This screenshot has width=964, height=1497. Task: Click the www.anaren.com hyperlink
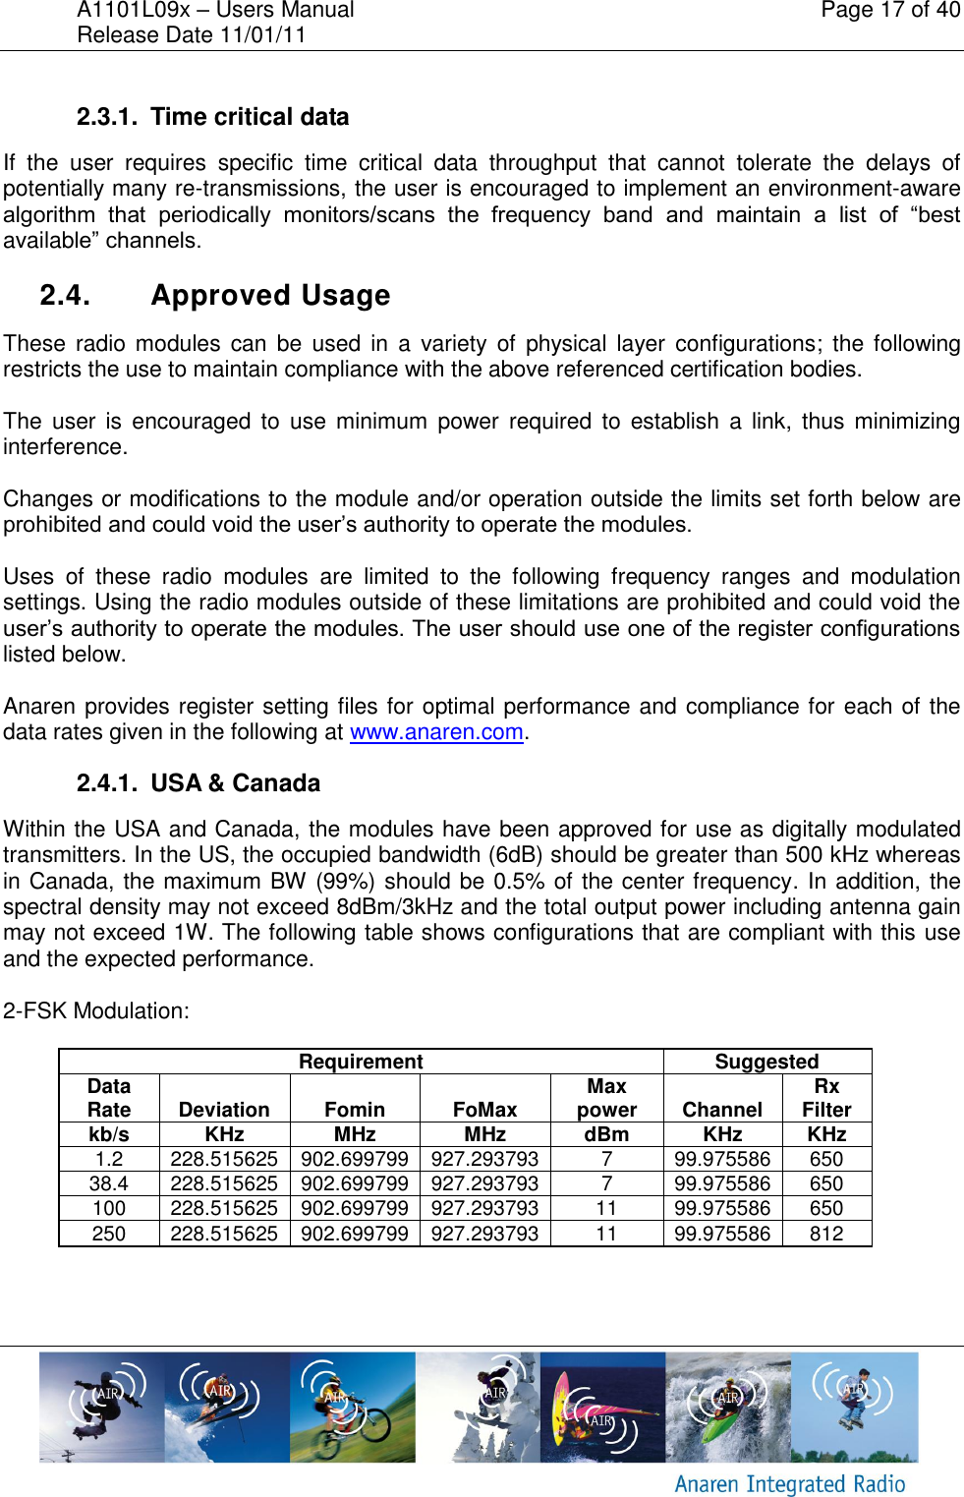coord(436,732)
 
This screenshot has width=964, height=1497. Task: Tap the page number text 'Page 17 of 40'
coord(890,11)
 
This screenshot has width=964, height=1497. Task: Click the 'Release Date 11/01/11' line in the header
coord(192,35)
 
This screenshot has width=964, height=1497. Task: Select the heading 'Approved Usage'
coord(270,295)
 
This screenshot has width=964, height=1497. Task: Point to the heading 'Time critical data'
coord(250,117)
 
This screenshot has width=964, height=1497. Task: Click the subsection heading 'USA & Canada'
coord(235,783)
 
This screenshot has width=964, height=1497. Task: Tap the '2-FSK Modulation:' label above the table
coord(96,1010)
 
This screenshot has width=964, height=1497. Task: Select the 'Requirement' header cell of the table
coord(361,1062)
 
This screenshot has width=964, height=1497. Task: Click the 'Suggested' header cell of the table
coord(766,1062)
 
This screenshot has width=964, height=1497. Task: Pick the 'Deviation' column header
coord(224,1110)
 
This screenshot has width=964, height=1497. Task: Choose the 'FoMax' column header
coord(484,1110)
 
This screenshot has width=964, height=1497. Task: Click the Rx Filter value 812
coord(826,1234)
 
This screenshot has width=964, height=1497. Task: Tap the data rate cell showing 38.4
coord(109,1183)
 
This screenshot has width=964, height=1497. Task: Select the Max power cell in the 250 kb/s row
coord(606,1234)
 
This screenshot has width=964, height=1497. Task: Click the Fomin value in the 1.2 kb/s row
coord(355,1159)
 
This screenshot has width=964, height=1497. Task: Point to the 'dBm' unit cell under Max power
coord(606,1134)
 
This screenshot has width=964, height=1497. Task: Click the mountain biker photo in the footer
coord(352,1408)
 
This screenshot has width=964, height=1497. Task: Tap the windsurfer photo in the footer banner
coord(602,1408)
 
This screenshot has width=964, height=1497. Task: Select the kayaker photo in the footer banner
coord(728,1408)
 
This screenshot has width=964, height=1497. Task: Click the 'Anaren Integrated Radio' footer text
coord(790,1483)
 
